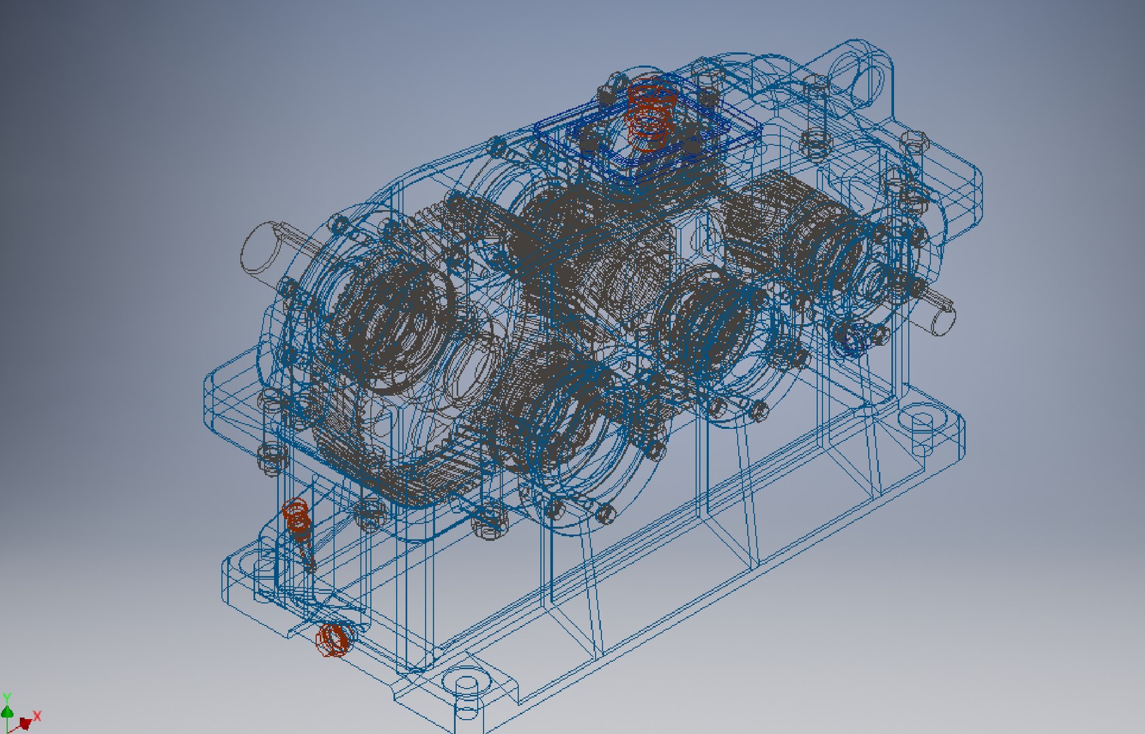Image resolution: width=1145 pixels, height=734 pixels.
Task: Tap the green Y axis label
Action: [6, 697]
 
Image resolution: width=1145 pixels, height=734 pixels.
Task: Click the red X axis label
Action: [37, 716]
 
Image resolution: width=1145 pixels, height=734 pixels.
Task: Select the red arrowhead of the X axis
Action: [25, 722]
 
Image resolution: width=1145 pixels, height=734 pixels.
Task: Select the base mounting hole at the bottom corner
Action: [467, 684]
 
